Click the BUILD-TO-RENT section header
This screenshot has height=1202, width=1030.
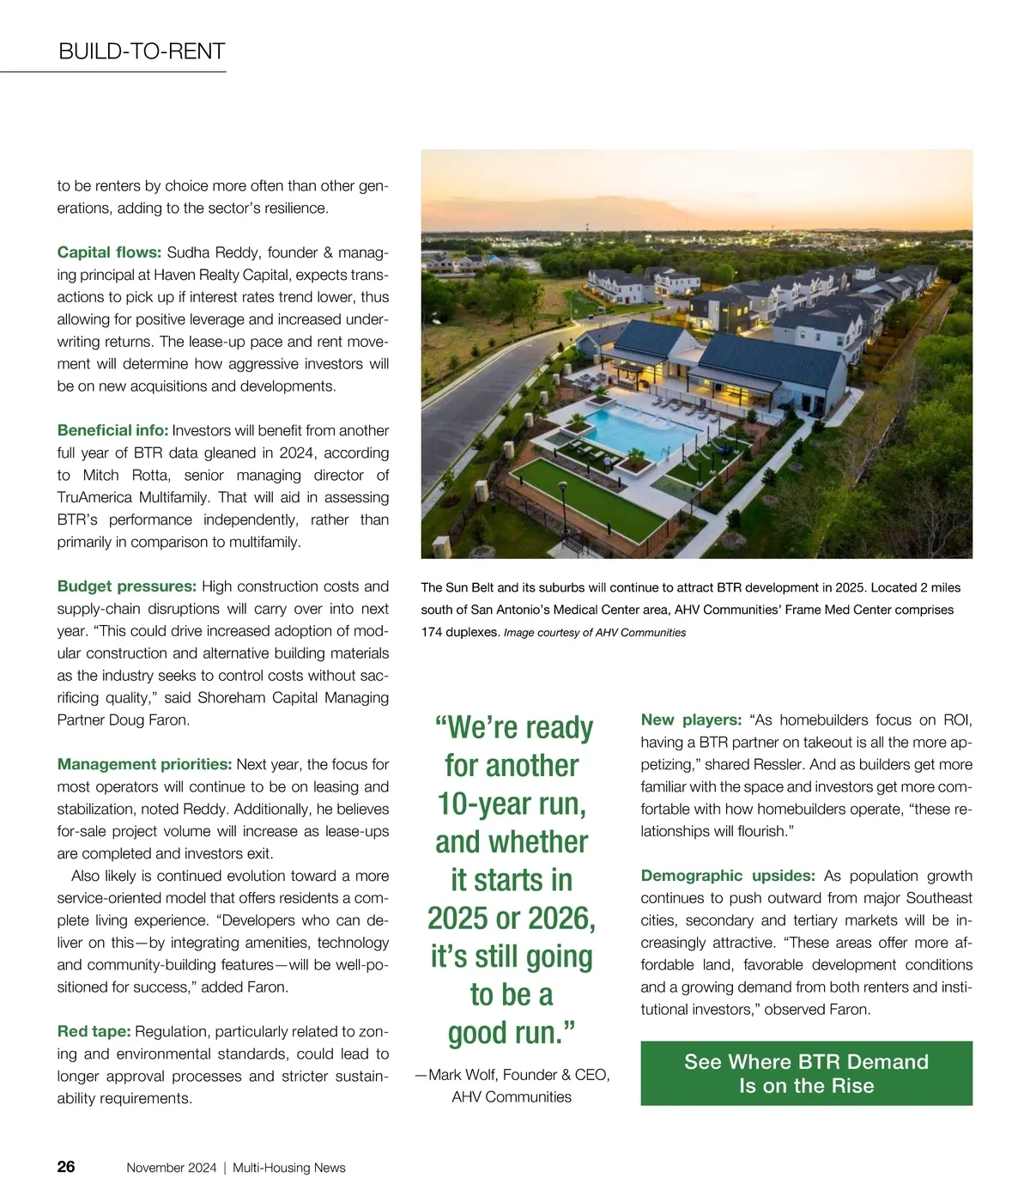[142, 52]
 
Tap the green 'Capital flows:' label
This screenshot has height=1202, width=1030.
[109, 252]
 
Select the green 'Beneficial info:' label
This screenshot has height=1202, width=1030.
[112, 430]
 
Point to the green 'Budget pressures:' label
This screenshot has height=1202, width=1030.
[127, 586]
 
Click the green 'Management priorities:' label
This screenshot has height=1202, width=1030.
[144, 764]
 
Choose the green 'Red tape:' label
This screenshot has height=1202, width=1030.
[94, 1031]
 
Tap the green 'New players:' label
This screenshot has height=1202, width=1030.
[691, 719]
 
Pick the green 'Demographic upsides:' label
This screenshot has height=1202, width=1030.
[728, 876]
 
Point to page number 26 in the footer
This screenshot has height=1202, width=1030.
[66, 1167]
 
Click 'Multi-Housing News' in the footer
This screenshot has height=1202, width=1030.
[289, 1168]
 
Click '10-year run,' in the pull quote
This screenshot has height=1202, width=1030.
[512, 804]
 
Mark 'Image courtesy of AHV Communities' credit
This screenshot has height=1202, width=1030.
[595, 633]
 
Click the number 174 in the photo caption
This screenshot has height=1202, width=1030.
[433, 632]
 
